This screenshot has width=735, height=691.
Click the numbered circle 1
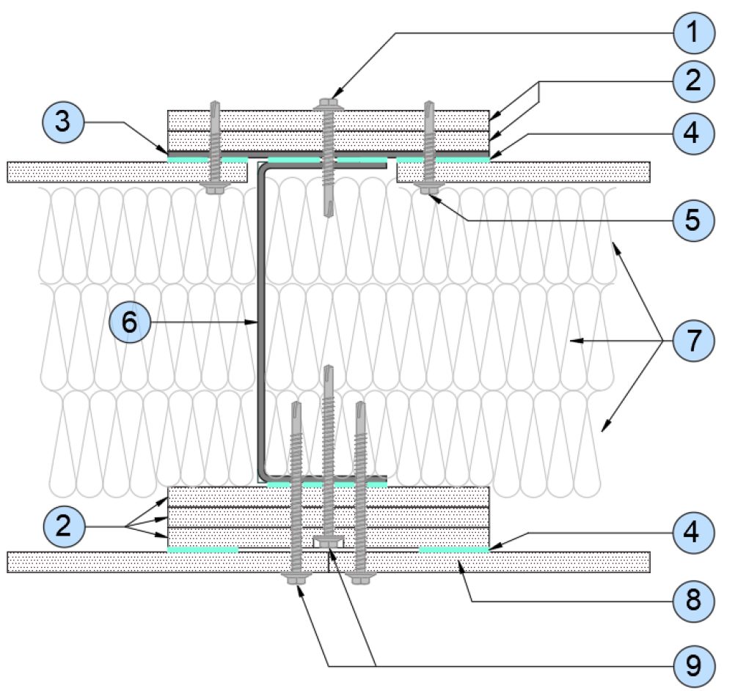[694, 33]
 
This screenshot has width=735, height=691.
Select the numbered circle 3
[63, 121]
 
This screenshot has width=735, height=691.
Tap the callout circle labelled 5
[694, 220]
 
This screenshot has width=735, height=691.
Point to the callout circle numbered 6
[130, 322]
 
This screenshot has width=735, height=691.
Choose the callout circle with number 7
[694, 340]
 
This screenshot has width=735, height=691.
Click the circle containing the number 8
[694, 600]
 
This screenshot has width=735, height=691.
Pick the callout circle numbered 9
[694, 665]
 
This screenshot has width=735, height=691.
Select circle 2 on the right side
[694, 81]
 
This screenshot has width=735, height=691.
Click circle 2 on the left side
[64, 526]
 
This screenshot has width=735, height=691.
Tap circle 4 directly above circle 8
[694, 532]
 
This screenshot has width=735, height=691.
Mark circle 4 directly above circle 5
[694, 133]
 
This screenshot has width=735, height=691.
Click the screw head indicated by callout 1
[328, 104]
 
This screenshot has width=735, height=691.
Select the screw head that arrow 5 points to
[427, 188]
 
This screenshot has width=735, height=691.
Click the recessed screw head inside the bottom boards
[329, 542]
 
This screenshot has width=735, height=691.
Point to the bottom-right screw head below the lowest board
[360, 578]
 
